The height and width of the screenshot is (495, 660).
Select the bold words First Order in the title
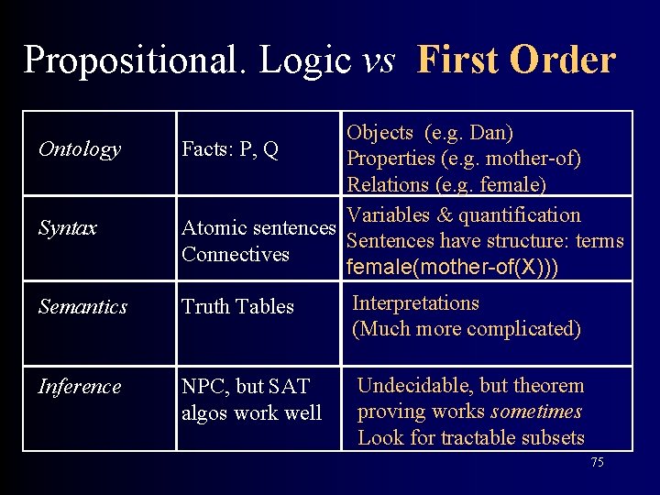(x=515, y=60)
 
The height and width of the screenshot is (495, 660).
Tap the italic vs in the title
(x=379, y=60)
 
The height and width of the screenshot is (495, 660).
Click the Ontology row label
(x=80, y=149)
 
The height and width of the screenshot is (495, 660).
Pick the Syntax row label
(x=68, y=228)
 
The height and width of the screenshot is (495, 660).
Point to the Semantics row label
(x=82, y=307)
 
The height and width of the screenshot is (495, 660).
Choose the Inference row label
(x=80, y=386)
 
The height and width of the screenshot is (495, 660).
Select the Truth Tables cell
(x=237, y=307)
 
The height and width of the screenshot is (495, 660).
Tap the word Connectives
(x=236, y=254)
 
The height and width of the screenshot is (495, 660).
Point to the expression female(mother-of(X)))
(x=453, y=268)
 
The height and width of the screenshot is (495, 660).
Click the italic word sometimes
(x=537, y=412)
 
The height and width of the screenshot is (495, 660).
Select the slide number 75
(x=597, y=463)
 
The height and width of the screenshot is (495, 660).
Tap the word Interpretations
(x=415, y=302)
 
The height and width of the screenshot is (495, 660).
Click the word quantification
(x=520, y=215)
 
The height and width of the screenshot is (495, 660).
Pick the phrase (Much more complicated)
(x=467, y=329)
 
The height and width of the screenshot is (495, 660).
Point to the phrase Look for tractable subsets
(x=470, y=438)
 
